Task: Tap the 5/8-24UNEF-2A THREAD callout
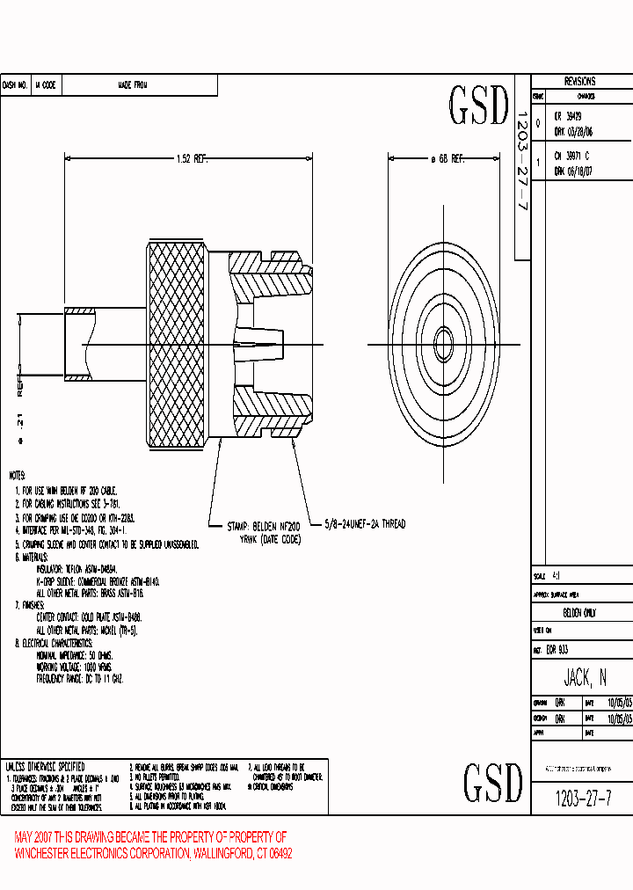[x=365, y=524]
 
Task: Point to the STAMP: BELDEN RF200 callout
[x=264, y=526]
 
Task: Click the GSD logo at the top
[x=479, y=106]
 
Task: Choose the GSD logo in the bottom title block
[x=492, y=781]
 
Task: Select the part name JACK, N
[x=585, y=677]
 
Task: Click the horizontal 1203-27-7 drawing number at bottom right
[x=585, y=799]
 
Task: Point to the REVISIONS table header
[x=580, y=81]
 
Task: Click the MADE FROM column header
[x=133, y=85]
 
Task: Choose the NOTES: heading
[x=18, y=475]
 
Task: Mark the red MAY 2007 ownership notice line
[x=150, y=836]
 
